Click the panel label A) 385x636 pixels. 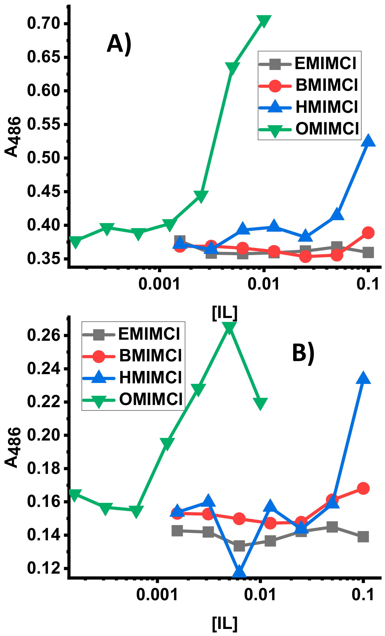click(x=119, y=45)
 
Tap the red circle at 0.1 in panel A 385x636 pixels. click(x=368, y=233)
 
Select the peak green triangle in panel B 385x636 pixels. click(x=229, y=327)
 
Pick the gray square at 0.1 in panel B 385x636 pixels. click(x=363, y=537)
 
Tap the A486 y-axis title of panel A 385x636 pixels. click(x=12, y=137)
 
